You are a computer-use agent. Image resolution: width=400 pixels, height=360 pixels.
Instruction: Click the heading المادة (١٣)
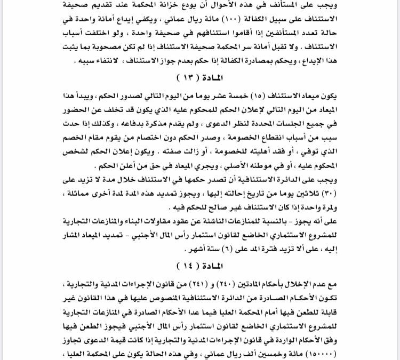(x=199, y=77)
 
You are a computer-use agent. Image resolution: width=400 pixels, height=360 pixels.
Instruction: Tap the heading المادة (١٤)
(x=199, y=265)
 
